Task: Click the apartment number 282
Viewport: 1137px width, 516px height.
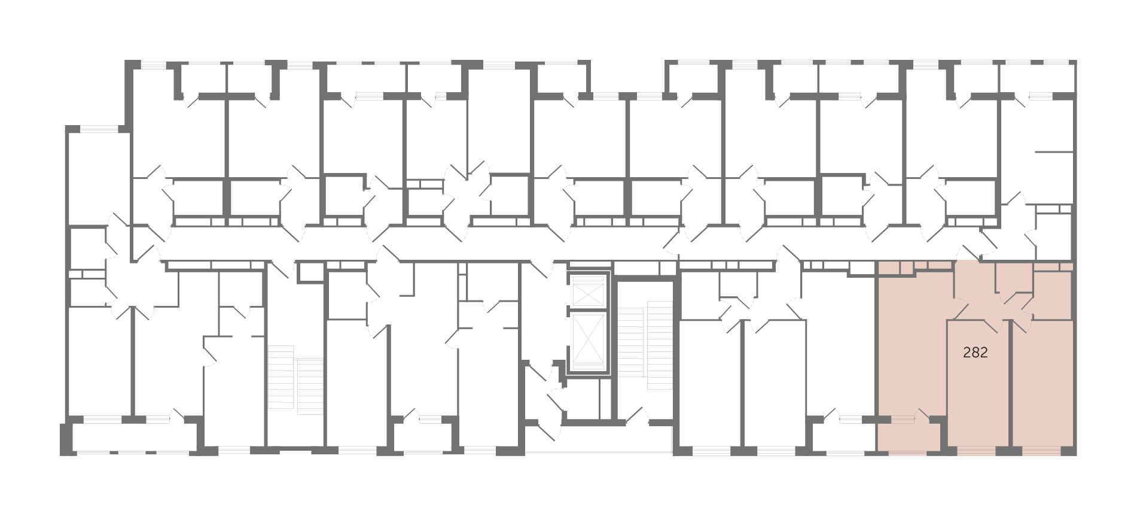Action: pos(975,353)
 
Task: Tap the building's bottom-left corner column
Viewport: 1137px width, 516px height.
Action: pos(65,440)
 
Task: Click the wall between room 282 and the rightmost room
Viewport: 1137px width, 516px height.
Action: pos(1011,383)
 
